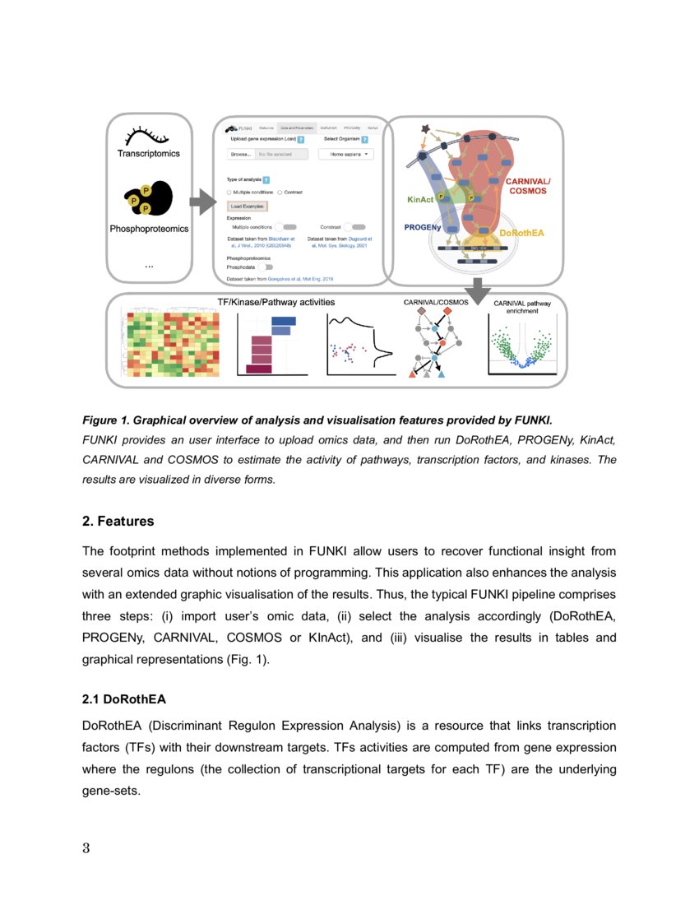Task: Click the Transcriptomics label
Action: coord(148,154)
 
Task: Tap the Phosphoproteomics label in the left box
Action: coord(149,229)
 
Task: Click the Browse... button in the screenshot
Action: coord(240,154)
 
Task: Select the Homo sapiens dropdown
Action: coord(345,154)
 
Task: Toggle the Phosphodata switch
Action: coord(266,267)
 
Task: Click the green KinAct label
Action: coord(420,199)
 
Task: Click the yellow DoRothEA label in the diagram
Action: coord(521,233)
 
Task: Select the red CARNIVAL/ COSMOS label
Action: coord(527,185)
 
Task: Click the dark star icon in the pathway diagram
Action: coord(425,128)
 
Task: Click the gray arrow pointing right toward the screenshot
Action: coord(201,201)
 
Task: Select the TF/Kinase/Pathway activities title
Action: coord(275,303)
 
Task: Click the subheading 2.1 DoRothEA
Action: coord(123,699)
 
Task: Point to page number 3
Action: coord(86,848)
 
